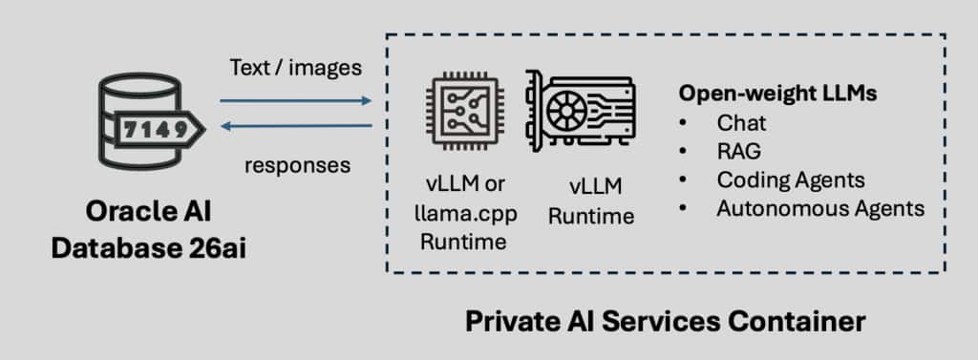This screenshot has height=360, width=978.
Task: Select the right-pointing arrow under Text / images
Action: (x=295, y=100)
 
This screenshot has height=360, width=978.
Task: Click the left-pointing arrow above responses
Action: (x=296, y=127)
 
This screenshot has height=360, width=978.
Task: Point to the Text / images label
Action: (x=296, y=68)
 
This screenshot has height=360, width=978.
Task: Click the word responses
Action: (x=298, y=165)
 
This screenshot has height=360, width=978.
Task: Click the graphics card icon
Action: (x=580, y=111)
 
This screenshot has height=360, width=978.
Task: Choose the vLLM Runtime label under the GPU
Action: (x=590, y=201)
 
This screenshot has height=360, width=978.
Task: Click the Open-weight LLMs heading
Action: (x=777, y=94)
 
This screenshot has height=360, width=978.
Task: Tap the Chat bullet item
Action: (x=741, y=123)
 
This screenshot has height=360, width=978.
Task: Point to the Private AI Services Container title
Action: (x=666, y=322)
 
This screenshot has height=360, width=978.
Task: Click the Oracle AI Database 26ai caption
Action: (x=148, y=230)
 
